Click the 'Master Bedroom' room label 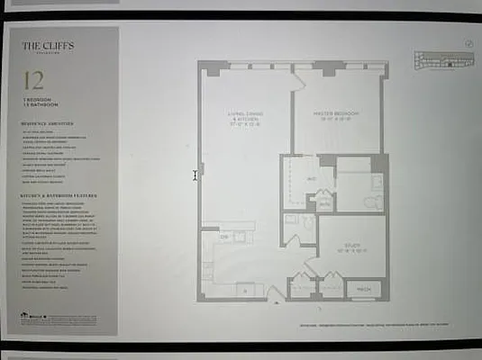click(336, 114)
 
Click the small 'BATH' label click(323, 203)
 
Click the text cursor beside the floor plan click(195, 175)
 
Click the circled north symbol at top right click(468, 42)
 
